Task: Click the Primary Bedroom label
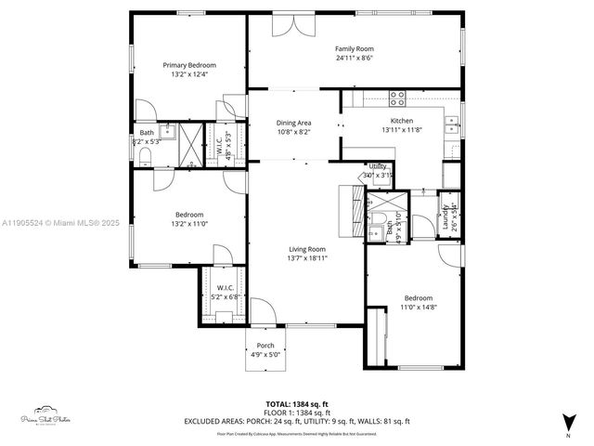coord(189,65)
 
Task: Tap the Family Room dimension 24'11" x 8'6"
coord(355,59)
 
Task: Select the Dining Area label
coord(293,123)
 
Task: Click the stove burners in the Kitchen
coord(398,95)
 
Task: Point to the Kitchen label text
coord(401,122)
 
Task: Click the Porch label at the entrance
coord(265,346)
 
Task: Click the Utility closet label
coord(378,166)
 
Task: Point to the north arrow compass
coord(567,425)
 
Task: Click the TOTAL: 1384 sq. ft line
coord(296,403)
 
